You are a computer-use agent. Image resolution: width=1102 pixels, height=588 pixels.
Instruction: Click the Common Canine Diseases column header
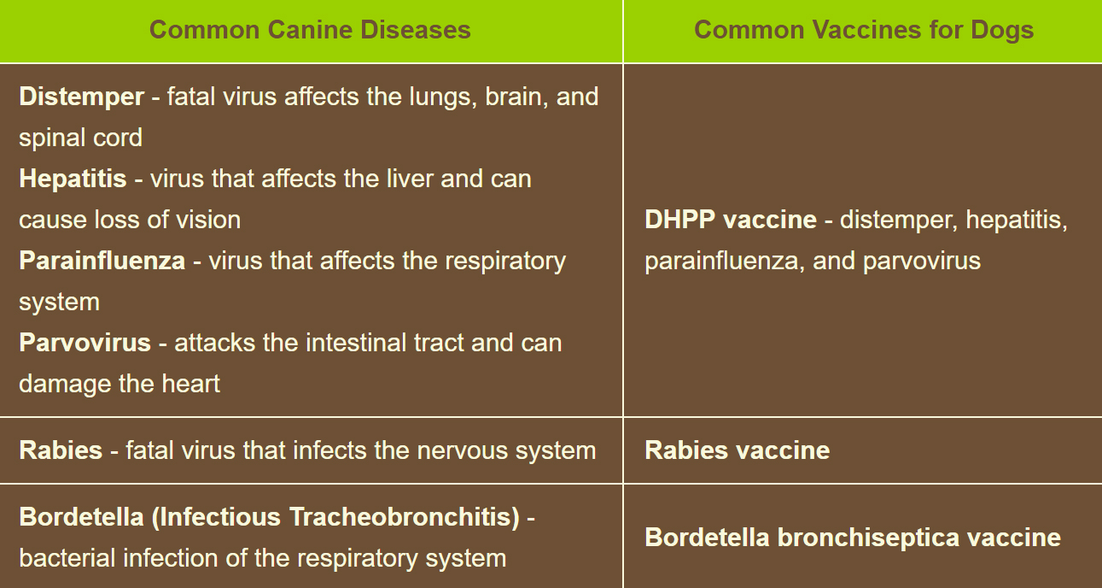tap(310, 30)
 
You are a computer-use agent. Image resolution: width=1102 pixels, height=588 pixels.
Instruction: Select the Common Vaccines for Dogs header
tap(863, 30)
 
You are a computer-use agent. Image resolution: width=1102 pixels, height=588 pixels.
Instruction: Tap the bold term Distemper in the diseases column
tap(81, 97)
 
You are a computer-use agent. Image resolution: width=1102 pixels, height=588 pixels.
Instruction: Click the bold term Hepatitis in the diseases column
tap(73, 179)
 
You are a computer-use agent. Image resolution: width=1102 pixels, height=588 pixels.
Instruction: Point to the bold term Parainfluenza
tap(102, 261)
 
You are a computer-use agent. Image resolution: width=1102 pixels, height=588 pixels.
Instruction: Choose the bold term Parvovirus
tap(85, 343)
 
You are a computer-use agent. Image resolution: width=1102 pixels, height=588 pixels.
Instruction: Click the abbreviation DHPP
tap(679, 220)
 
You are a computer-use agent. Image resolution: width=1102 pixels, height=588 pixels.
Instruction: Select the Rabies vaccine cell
tap(737, 450)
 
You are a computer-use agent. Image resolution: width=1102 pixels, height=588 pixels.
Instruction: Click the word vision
tap(208, 220)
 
